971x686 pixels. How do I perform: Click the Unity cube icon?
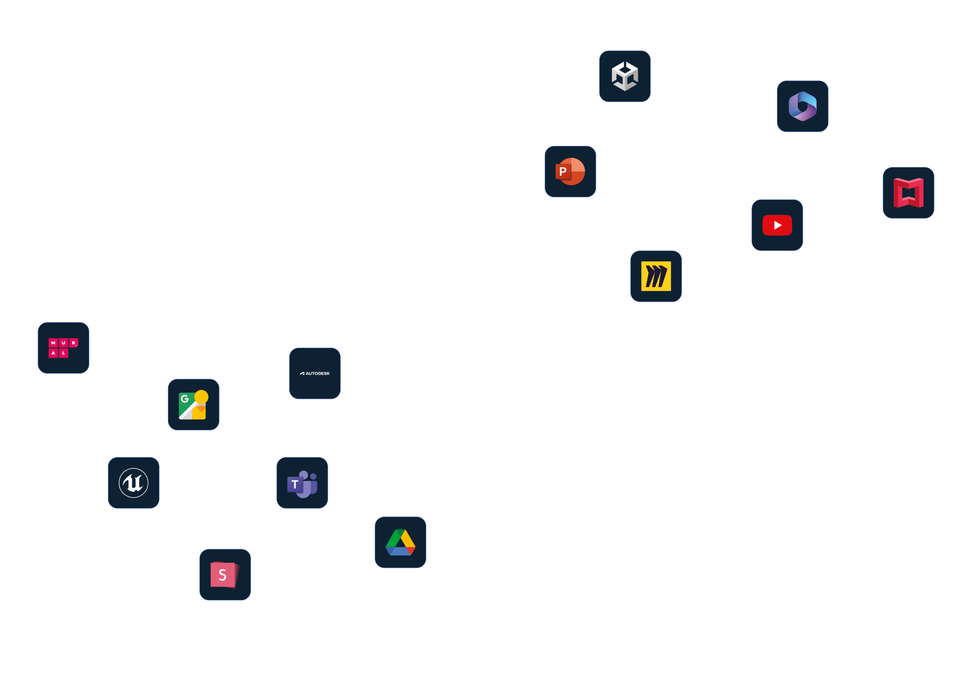pyautogui.click(x=625, y=76)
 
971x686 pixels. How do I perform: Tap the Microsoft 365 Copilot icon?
pyautogui.click(x=802, y=106)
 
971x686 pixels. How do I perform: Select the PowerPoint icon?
pyautogui.click(x=570, y=172)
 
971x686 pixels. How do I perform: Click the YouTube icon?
pyautogui.click(x=777, y=225)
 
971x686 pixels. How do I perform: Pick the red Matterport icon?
pyautogui.click(x=908, y=193)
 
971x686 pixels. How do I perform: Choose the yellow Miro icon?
pyautogui.click(x=656, y=276)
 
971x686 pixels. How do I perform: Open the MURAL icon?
pyautogui.click(x=64, y=348)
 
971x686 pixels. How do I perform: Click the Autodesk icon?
pyautogui.click(x=315, y=373)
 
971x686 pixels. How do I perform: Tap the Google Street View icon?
pyautogui.click(x=193, y=404)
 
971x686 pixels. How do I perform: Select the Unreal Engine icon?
pyautogui.click(x=133, y=483)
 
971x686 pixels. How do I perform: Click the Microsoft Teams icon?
pyautogui.click(x=302, y=483)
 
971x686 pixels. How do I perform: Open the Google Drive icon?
pyautogui.click(x=400, y=542)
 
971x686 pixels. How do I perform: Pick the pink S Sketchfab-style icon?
pyautogui.click(x=225, y=575)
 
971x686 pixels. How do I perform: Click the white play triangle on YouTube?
pyautogui.click(x=778, y=225)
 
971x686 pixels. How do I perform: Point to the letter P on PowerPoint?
pyautogui.click(x=563, y=172)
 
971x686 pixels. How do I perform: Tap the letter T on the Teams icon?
pyautogui.click(x=295, y=484)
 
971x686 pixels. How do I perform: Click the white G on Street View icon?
pyautogui.click(x=185, y=399)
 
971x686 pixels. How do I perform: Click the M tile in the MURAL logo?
pyautogui.click(x=53, y=343)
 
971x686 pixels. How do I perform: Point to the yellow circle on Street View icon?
pyautogui.click(x=201, y=397)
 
